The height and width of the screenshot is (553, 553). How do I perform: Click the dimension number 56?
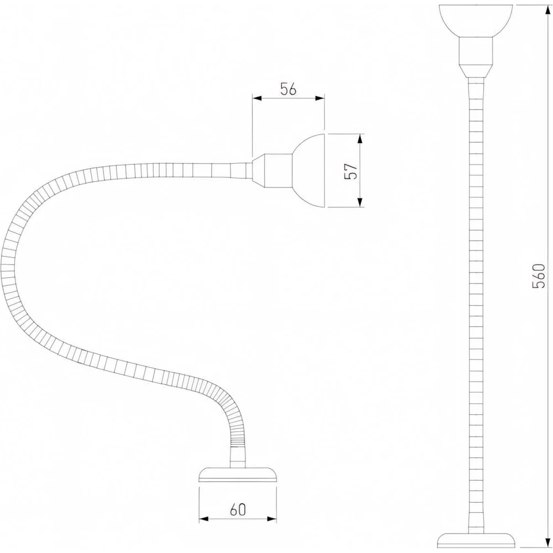point(288,90)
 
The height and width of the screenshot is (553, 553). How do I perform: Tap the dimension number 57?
point(352,171)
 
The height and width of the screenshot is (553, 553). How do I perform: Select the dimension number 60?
point(238,509)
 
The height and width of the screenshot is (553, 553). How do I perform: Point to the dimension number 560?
point(539,275)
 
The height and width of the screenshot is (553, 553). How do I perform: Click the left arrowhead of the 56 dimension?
point(257,98)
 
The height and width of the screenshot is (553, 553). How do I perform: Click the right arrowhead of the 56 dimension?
point(320,98)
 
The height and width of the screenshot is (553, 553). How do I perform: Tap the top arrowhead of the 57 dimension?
point(360,139)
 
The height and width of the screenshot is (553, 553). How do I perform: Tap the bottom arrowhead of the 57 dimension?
point(360,202)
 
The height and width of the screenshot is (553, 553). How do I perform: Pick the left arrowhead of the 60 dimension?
point(204,519)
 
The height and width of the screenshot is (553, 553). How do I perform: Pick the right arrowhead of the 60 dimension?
point(272,519)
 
